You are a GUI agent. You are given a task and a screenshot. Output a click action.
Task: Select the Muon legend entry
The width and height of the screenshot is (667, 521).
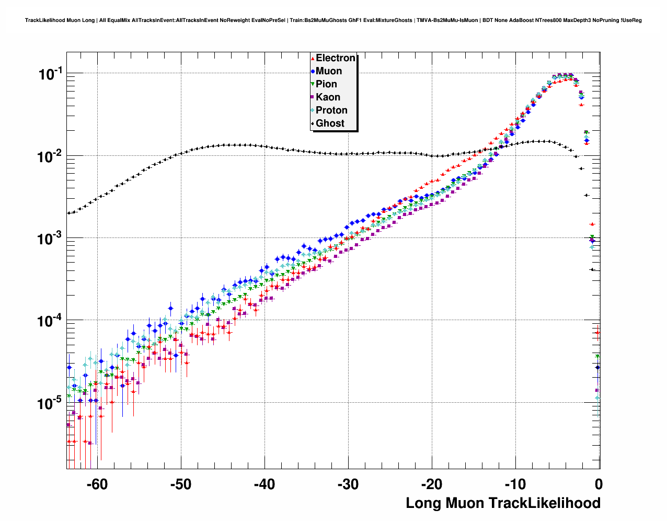pos(328,71)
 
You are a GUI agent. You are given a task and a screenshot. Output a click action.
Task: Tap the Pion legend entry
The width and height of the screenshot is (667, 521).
pos(326,84)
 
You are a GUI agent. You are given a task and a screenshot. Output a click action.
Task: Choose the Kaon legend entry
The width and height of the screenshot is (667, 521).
pos(328,97)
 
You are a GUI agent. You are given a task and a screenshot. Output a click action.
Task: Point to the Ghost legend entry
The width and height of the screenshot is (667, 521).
pos(330,123)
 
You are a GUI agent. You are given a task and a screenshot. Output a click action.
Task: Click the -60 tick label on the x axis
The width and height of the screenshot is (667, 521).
pos(97,484)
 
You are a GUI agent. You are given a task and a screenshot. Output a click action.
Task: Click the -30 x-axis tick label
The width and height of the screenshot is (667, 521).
pos(348,484)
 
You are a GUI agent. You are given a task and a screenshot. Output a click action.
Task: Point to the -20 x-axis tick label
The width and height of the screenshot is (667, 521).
pos(432,484)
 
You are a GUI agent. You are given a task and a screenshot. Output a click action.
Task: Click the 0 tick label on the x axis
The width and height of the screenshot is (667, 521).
pos(599,484)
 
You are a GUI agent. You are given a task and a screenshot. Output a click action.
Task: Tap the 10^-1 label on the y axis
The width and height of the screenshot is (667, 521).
pos(50,75)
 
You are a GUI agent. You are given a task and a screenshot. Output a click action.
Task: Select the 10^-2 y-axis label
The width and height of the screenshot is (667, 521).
pos(50,157)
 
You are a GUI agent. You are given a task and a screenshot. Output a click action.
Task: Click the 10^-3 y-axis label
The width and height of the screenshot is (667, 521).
pos(50,239)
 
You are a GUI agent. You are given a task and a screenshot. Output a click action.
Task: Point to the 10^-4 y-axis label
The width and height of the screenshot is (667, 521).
pos(50,321)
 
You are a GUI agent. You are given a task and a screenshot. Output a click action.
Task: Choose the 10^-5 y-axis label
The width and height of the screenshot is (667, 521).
pos(50,403)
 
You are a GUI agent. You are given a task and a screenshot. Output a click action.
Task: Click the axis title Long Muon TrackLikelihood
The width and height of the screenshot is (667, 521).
pos(503,503)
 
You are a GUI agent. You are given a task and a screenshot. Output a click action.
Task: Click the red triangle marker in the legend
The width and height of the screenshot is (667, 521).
pos(313,59)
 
